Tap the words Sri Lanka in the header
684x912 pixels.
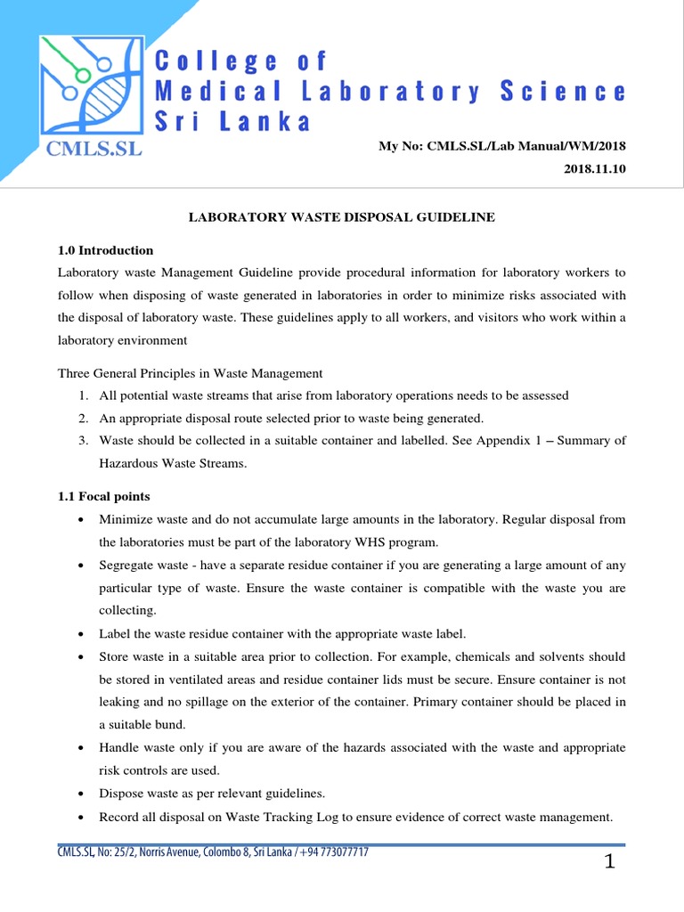tap(233, 122)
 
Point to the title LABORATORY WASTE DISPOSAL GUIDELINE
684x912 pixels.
tap(342, 216)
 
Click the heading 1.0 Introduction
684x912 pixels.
tap(106, 250)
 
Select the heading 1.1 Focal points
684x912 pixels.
tap(104, 496)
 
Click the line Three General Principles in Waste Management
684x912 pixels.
tap(190, 373)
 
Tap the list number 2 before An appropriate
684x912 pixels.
tap(82, 418)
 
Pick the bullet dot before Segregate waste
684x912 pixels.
tap(82, 566)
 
